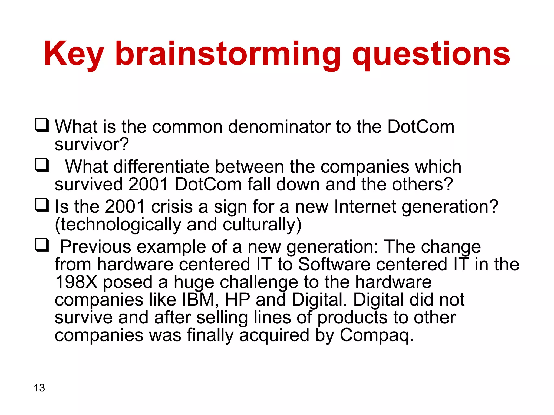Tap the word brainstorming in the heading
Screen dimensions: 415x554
[x=228, y=54]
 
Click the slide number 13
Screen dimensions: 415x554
[x=39, y=388]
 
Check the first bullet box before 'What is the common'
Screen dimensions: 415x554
[x=42, y=125]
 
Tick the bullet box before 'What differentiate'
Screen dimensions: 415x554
[x=42, y=165]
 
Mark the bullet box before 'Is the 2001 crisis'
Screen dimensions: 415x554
[x=42, y=205]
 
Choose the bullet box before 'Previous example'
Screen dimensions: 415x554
[x=42, y=245]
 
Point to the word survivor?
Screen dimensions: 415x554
[x=92, y=145]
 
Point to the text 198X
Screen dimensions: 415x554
[x=76, y=282]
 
